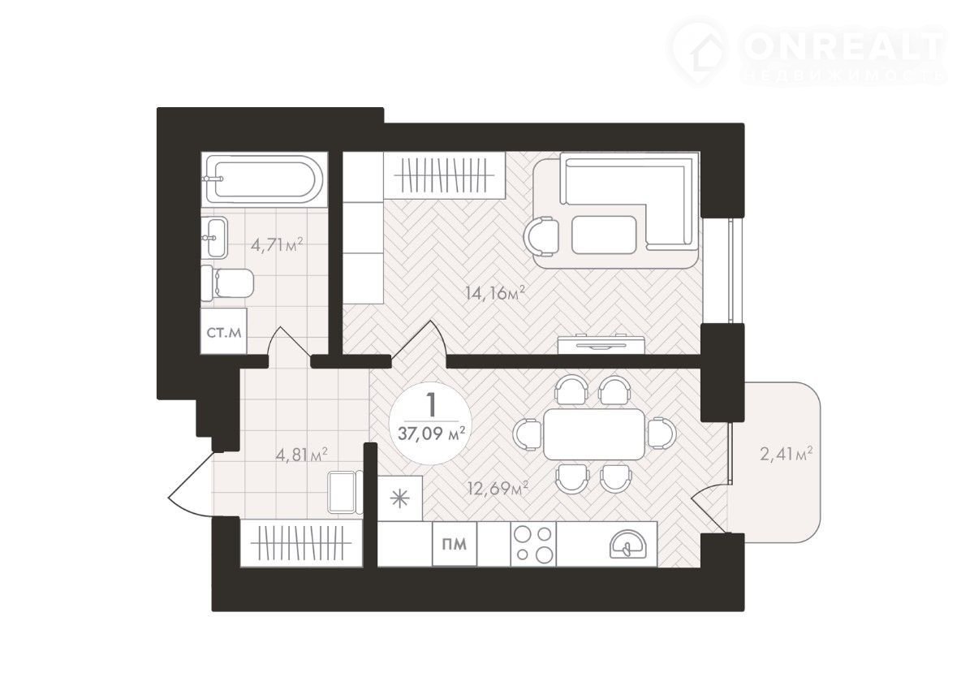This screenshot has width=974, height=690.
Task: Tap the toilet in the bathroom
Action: [227, 283]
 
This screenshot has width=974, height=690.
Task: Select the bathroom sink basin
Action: [214, 238]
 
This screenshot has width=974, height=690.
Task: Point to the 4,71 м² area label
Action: [277, 246]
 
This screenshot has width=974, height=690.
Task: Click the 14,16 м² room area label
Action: [495, 294]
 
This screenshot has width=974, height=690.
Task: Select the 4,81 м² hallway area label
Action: [302, 455]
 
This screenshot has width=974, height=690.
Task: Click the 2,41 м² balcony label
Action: [787, 455]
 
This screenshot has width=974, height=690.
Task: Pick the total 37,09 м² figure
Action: [431, 433]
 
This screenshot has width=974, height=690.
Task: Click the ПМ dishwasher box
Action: [455, 544]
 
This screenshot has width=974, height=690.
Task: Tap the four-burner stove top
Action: [533, 544]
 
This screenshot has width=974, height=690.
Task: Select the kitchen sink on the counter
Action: [628, 544]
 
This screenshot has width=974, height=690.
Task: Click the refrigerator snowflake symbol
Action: [399, 498]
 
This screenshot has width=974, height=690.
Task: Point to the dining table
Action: [594, 434]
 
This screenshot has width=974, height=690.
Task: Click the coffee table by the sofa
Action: [604, 235]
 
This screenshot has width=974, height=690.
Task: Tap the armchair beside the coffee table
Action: [541, 237]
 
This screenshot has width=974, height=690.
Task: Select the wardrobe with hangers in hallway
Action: [301, 543]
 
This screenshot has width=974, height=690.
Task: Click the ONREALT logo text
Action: [843, 46]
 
